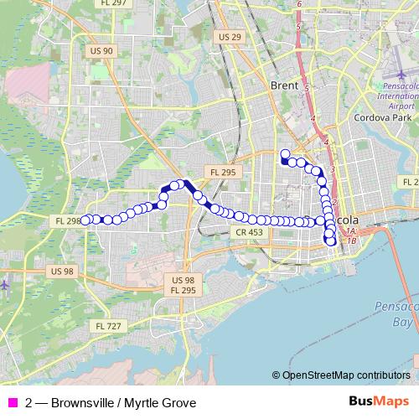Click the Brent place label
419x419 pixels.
[286, 85]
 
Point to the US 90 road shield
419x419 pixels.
[101, 51]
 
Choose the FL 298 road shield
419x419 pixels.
[67, 220]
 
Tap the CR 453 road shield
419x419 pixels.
[250, 231]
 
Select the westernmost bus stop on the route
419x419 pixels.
[85, 220]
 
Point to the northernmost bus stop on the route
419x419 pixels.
[285, 153]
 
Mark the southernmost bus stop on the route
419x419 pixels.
[331, 242]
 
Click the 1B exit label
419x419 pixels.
[353, 240]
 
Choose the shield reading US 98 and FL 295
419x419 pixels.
[183, 284]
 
